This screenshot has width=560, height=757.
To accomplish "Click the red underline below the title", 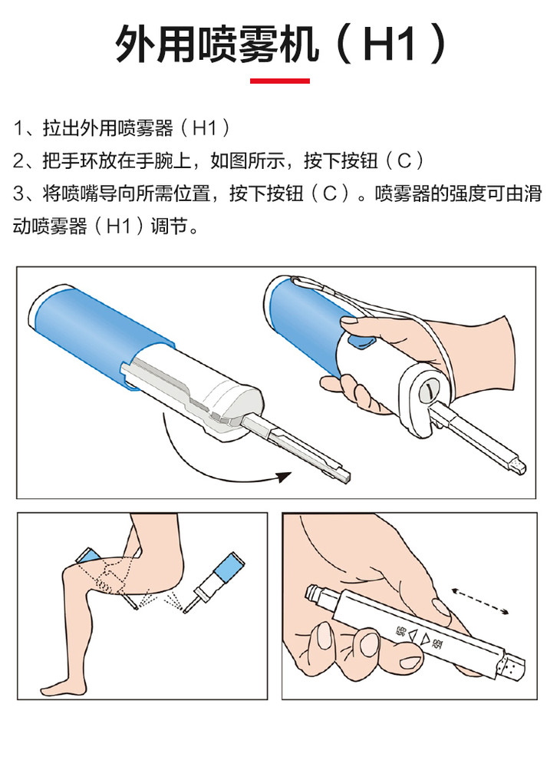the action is click(280, 81).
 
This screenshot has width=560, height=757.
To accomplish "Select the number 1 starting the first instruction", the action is click(18, 128).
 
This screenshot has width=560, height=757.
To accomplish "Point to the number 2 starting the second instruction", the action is click(18, 160).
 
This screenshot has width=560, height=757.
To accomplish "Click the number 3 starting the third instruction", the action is click(18, 193).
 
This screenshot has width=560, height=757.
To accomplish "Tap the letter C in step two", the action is click(404, 160).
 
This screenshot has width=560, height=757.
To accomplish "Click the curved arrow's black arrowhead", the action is click(285, 477).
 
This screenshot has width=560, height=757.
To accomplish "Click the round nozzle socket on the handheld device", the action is click(427, 392).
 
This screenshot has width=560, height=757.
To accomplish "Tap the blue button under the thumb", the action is click(363, 341).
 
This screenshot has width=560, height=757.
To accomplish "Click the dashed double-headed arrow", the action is click(480, 601).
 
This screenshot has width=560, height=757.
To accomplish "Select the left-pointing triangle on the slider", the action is click(413, 636).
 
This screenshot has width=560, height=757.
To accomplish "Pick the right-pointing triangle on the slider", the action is click(424, 640).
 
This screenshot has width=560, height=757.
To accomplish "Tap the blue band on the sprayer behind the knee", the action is click(87, 556).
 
